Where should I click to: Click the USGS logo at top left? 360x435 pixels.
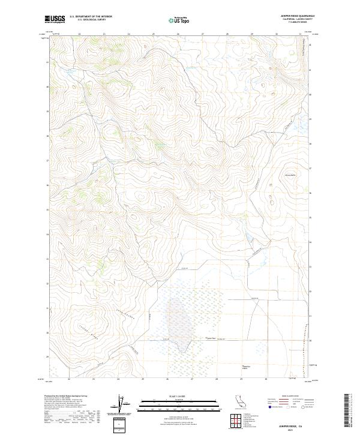(x=55, y=19)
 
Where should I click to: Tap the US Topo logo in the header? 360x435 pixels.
(x=179, y=19)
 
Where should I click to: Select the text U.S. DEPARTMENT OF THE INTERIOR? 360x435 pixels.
(x=91, y=17)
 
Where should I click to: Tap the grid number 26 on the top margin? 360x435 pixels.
(x=178, y=34)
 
